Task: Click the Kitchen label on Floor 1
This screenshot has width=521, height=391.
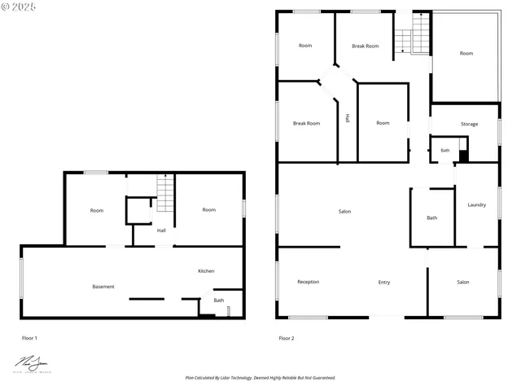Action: tap(206, 270)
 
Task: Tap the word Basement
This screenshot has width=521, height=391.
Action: tap(103, 287)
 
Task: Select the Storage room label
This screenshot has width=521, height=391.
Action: tap(469, 124)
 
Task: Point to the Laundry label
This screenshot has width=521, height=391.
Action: tap(477, 204)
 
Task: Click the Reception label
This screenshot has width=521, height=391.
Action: tap(309, 282)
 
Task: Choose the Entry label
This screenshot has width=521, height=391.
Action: tap(384, 282)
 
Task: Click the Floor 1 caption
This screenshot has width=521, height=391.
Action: tap(29, 337)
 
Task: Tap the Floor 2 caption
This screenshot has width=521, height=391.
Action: tap(287, 337)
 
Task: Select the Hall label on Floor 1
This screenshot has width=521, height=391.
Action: tap(161, 231)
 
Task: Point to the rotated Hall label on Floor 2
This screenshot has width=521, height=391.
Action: tap(348, 118)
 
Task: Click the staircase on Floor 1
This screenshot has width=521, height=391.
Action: tap(165, 194)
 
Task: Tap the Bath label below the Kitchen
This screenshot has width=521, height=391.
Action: tap(219, 300)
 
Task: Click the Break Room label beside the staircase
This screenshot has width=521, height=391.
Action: tap(366, 46)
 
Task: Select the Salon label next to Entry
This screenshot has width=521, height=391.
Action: tap(463, 282)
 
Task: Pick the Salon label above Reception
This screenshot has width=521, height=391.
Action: tap(345, 212)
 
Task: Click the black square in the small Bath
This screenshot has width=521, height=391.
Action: tap(463, 154)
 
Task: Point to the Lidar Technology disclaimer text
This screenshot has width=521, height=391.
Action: tap(260, 378)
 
